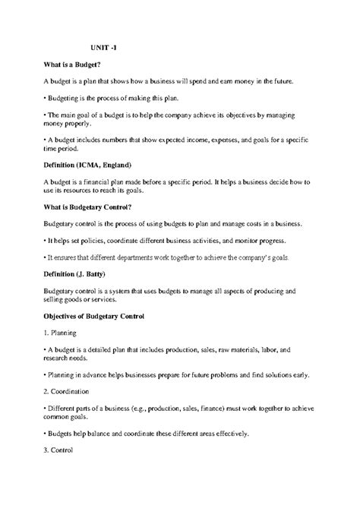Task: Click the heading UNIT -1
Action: pyautogui.click(x=104, y=47)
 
